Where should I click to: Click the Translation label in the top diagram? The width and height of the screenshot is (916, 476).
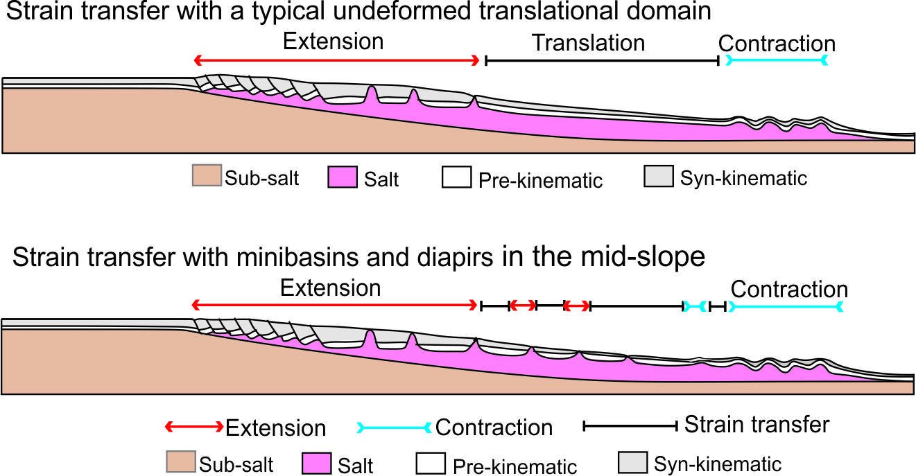(x=588, y=43)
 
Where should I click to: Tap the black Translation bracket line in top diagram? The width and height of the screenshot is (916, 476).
(x=601, y=61)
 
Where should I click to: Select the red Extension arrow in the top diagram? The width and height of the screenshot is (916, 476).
(x=336, y=60)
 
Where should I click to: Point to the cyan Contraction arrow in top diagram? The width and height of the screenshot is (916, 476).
(x=776, y=61)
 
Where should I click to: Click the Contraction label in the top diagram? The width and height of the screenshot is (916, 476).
(x=777, y=44)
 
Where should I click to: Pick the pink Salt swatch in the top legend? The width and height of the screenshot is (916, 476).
(x=343, y=177)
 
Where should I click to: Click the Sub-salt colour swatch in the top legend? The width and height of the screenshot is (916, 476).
(x=207, y=176)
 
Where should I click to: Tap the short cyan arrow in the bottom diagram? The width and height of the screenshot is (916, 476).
(x=695, y=306)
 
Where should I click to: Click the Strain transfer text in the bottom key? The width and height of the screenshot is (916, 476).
(x=757, y=424)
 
